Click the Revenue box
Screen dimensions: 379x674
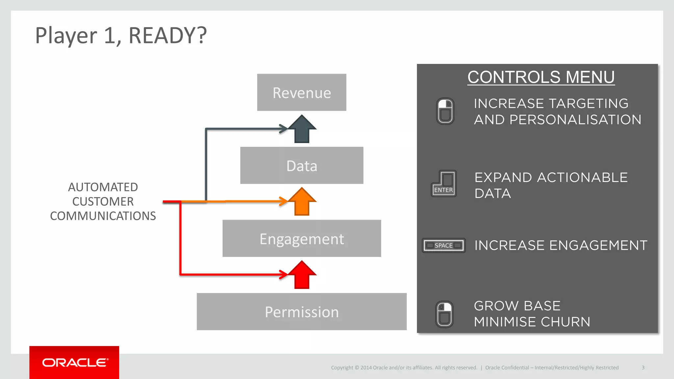[301, 92]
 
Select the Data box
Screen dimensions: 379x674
[301, 165]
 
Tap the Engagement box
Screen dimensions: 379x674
[301, 239]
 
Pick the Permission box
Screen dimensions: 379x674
[301, 312]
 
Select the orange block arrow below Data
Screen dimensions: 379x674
[302, 202]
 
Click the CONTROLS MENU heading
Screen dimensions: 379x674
[541, 77]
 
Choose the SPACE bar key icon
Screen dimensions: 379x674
[444, 245]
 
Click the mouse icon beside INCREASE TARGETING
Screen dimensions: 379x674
[445, 111]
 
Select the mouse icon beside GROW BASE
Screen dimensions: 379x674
[444, 314]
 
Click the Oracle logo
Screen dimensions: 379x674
[74, 363]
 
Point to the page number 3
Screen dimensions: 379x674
[643, 367]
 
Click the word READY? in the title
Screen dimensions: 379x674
[168, 35]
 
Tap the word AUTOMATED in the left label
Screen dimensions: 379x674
[103, 187]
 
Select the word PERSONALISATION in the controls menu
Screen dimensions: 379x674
[575, 120]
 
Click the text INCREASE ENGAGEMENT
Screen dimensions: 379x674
[560, 245]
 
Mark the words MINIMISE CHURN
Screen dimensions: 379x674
[532, 322]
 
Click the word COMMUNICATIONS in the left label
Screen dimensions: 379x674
[103, 216]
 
